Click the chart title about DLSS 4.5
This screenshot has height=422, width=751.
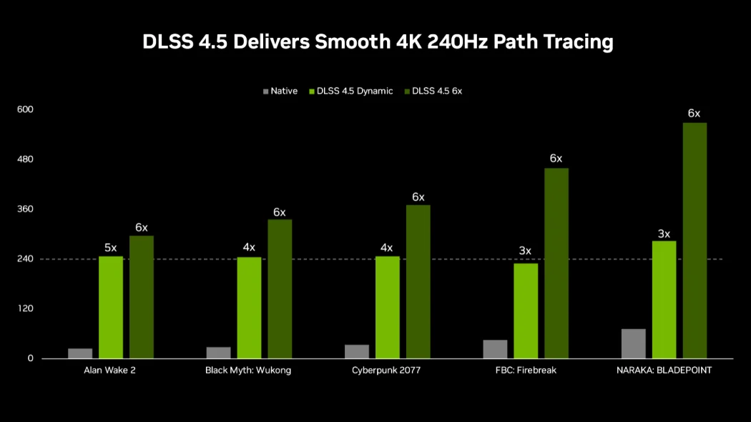(378, 42)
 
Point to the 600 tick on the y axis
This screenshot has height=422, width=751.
(26, 109)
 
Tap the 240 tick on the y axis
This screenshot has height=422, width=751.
(26, 259)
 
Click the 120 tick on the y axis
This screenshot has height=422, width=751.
(26, 309)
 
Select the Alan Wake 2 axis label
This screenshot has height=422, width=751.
(110, 371)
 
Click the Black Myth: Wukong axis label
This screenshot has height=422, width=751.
(248, 371)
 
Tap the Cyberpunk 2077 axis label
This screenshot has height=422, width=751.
(387, 371)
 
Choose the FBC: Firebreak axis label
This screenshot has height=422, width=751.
(525, 371)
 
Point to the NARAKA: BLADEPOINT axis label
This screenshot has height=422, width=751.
(664, 371)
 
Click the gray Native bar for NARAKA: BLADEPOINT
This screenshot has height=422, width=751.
(634, 344)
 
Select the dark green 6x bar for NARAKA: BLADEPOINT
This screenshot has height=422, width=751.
(694, 240)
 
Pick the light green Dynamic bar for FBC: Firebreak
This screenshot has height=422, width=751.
(526, 310)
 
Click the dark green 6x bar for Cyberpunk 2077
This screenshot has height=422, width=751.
(418, 282)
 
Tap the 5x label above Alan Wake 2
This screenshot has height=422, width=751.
(111, 247)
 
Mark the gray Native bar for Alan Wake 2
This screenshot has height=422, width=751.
(80, 353)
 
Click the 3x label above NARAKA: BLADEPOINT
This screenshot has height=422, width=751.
(664, 234)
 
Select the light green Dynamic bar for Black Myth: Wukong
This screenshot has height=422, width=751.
(249, 308)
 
